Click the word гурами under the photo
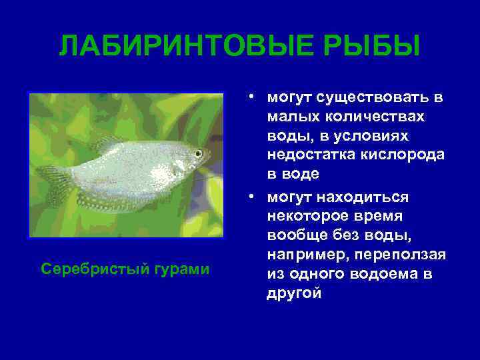click(x=183, y=269)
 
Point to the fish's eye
click(x=198, y=153)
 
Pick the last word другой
click(x=294, y=293)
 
